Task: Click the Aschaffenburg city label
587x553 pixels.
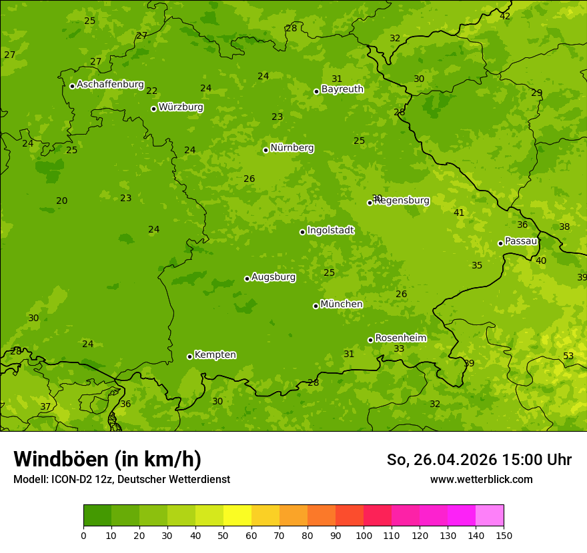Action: [x=110, y=85]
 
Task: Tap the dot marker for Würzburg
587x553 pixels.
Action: [x=153, y=109]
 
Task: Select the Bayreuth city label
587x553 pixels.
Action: [x=342, y=89]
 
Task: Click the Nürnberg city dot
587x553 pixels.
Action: [x=265, y=150]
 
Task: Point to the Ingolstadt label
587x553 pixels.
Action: [x=330, y=231]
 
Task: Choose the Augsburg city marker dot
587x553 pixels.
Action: [x=247, y=278]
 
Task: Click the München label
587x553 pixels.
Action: [x=342, y=304]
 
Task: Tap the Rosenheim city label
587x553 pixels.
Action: [x=400, y=338]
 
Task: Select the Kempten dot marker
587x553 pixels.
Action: [x=189, y=356]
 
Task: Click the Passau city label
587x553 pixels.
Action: [x=521, y=241]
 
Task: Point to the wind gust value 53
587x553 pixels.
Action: [x=568, y=356]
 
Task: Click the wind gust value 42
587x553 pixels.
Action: [x=505, y=16]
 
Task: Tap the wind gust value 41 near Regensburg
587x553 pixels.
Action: [x=459, y=213]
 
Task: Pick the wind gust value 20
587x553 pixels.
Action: [x=62, y=201]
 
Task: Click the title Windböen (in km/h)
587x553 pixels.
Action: [x=107, y=459]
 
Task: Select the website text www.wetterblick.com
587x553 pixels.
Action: [x=481, y=479]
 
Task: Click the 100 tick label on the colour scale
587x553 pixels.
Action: [x=364, y=534]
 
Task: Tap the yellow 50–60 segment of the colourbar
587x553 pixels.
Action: [x=237, y=516]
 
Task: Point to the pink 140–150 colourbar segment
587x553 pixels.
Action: [x=490, y=516]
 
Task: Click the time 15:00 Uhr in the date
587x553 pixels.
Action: [x=540, y=460]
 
